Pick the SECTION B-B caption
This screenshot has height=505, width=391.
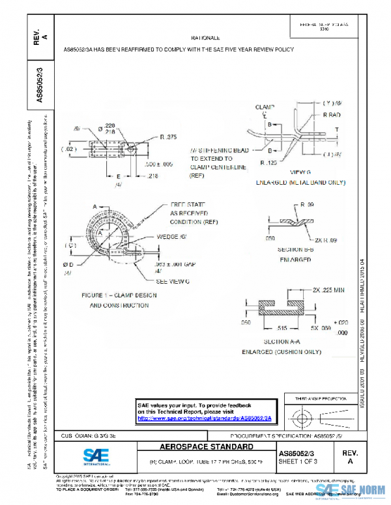pyautogui.click(x=289, y=250)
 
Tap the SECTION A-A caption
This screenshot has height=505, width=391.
pyautogui.click(x=281, y=341)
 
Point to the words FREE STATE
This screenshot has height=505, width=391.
pyautogui.click(x=187, y=204)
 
